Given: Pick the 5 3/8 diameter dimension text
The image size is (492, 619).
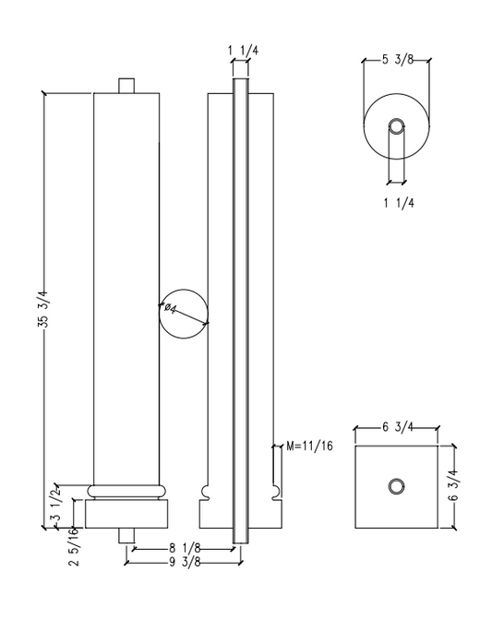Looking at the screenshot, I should tap(397, 61).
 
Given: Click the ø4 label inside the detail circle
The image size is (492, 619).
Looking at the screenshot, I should tap(173, 309).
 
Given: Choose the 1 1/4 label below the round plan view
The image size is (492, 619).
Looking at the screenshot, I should tap(396, 204).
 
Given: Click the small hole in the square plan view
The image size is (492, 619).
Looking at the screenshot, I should tap(396, 486).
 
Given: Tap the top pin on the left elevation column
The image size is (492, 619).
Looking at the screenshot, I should tap(127, 86).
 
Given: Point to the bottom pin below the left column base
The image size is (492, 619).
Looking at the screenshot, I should tap(127, 535).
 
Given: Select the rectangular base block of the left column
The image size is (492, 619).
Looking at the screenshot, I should tap(127, 513).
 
